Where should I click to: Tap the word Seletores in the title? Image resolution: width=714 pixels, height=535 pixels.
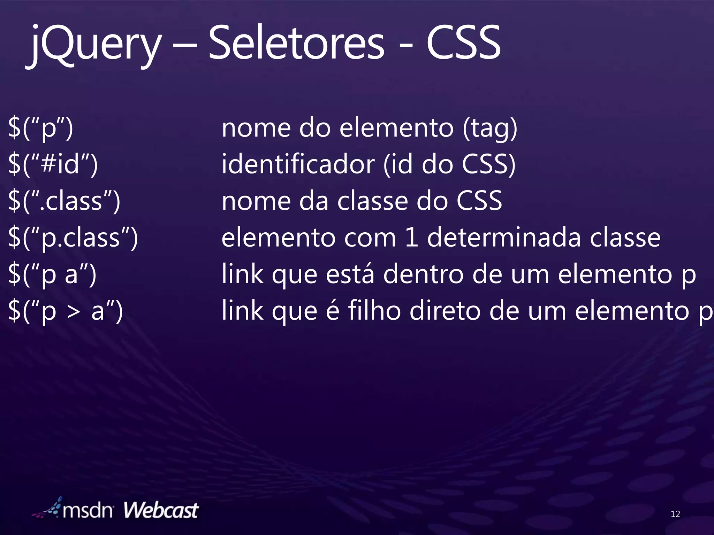click(x=296, y=44)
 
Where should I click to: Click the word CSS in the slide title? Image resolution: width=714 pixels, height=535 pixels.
click(x=464, y=44)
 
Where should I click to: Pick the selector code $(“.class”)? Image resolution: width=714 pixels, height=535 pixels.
click(x=64, y=201)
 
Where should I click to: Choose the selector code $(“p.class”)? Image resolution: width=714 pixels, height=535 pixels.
click(x=73, y=238)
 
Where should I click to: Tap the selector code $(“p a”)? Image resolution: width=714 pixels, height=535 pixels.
click(x=52, y=274)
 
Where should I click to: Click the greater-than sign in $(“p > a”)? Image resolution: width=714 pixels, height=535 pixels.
click(x=74, y=311)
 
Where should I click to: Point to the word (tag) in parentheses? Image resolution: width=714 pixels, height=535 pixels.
click(x=490, y=128)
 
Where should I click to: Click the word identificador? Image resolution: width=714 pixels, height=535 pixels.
click(x=298, y=164)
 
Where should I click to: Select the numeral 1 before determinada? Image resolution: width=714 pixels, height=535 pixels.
click(x=412, y=238)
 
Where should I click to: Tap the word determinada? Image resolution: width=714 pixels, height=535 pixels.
click(x=504, y=238)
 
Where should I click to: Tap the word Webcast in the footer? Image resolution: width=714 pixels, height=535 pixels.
click(x=161, y=511)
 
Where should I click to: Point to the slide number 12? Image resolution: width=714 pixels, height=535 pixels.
click(x=675, y=514)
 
